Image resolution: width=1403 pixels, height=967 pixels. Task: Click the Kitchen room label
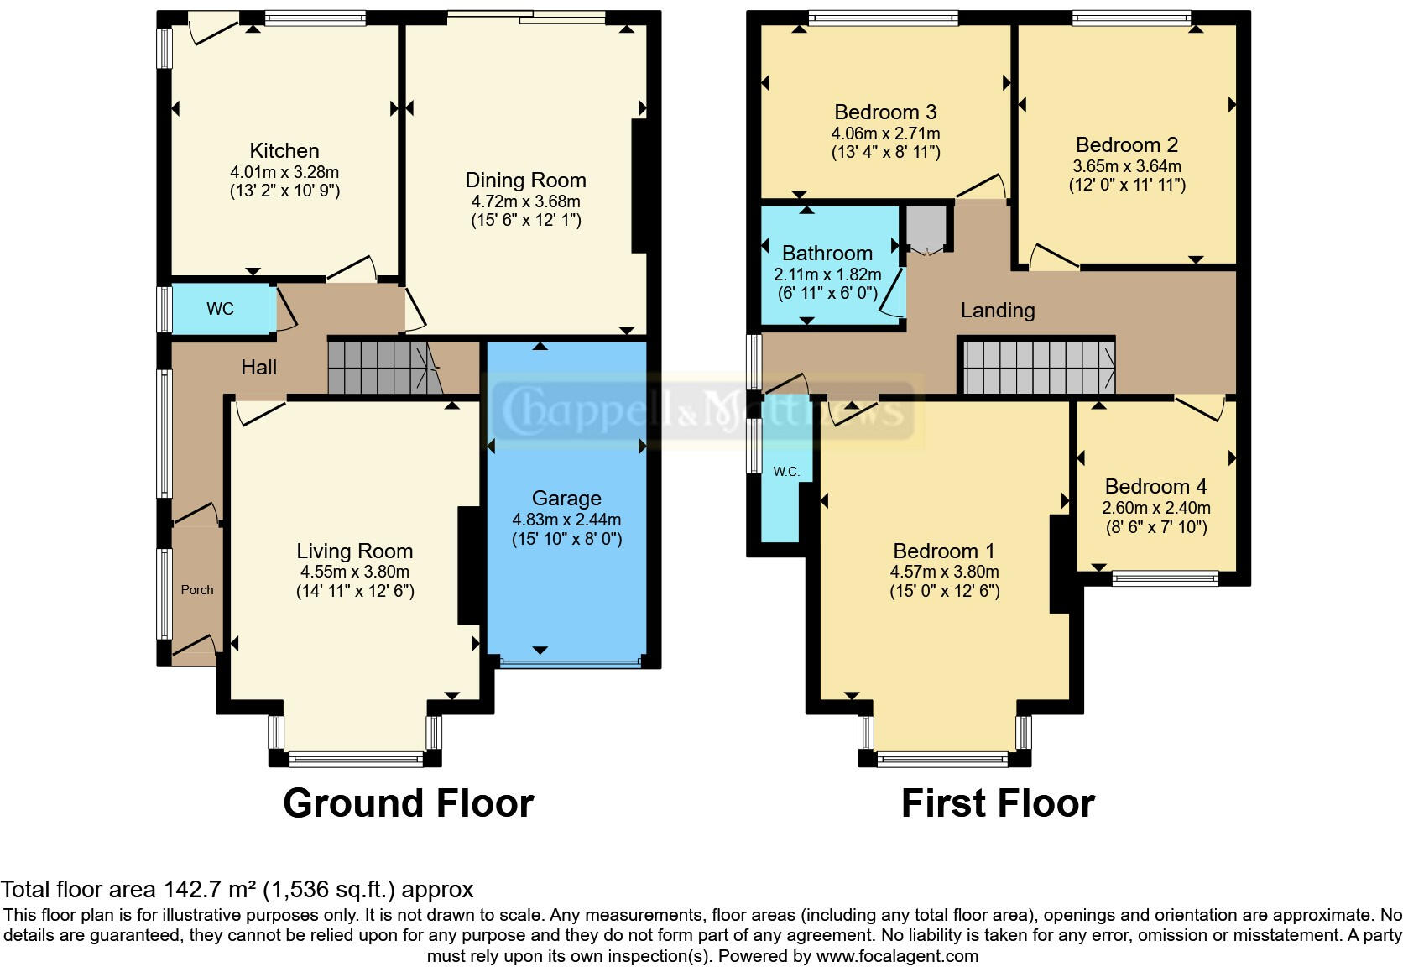[284, 151]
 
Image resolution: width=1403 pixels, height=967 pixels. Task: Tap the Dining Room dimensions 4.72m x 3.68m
[525, 201]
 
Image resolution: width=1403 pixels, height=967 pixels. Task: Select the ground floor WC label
[220, 309]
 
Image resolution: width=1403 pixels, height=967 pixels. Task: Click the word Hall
[258, 367]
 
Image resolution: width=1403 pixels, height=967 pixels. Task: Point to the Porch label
[197, 590]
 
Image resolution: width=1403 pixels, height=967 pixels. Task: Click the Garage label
[566, 499]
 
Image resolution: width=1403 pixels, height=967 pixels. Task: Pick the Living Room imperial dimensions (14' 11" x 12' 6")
[355, 591]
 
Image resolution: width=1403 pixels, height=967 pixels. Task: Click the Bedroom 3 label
[885, 112]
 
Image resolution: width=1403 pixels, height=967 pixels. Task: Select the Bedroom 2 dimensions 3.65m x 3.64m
[1126, 166]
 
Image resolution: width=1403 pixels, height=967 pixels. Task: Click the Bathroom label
[827, 254]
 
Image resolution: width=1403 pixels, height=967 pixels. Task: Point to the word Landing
[997, 311]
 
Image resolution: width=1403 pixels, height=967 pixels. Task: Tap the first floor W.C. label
[786, 472]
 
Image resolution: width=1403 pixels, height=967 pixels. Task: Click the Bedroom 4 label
[1155, 487]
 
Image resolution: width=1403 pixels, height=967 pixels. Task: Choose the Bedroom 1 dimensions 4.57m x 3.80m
[944, 572]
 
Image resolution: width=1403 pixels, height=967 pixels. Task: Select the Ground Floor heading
[408, 803]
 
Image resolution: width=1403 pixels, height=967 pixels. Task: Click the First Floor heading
[997, 803]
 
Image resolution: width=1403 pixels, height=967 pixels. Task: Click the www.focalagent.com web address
[896, 955]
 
